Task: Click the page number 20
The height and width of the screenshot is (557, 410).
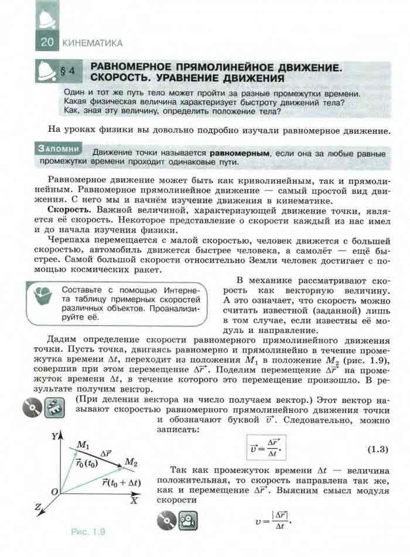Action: (47, 42)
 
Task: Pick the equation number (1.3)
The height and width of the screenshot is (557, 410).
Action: (378, 450)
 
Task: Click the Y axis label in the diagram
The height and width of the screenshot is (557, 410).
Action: (53, 436)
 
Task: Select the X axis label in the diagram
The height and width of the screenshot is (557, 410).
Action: (134, 500)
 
